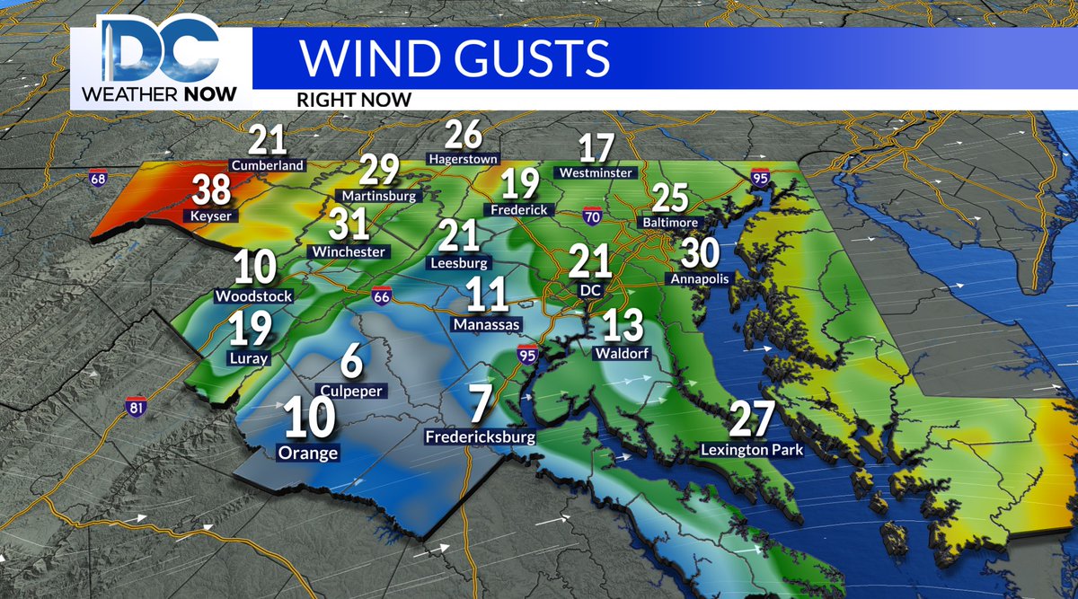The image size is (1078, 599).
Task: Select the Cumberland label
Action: pyautogui.click(x=268, y=165)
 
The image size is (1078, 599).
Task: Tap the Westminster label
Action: pyautogui.click(x=596, y=172)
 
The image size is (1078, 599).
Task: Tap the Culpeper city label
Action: pyautogui.click(x=352, y=392)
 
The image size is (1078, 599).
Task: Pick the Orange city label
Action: pyautogui.click(x=309, y=453)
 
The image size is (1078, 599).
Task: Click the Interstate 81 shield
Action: pyautogui.click(x=136, y=407)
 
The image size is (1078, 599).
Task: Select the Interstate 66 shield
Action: pyautogui.click(x=383, y=295)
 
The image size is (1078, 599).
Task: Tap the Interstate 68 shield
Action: pyautogui.click(x=97, y=179)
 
